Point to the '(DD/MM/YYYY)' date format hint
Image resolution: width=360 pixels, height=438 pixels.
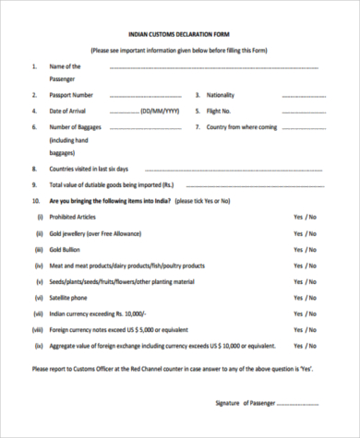point(158,111)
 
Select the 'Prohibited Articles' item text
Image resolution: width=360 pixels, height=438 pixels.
point(72,216)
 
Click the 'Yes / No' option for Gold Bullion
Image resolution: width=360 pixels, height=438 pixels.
point(305,249)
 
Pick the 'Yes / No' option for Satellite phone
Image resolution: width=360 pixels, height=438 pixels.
point(305,298)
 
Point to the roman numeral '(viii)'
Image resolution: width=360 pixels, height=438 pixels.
point(38,330)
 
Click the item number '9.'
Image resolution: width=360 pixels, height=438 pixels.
point(34,184)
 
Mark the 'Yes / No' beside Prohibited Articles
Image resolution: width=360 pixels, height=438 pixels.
point(305,216)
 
